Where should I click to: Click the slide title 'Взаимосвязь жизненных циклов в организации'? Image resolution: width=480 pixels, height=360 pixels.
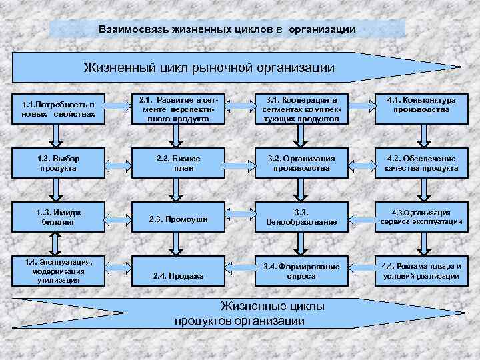point(227,30)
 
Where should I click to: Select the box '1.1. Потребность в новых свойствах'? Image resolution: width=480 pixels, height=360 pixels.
point(58,109)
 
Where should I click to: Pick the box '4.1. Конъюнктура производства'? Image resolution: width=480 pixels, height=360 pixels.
point(421,105)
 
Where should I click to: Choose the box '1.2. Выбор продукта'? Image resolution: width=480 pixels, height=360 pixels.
point(58,163)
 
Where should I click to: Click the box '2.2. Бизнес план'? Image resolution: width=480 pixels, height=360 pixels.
point(175,163)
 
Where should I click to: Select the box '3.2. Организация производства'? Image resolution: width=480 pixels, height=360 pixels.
point(301,163)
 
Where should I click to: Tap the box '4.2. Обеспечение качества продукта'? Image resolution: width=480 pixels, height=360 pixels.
point(421,163)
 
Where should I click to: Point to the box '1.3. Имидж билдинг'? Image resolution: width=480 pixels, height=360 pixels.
point(58,217)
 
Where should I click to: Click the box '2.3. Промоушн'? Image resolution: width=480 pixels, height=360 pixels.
point(175,219)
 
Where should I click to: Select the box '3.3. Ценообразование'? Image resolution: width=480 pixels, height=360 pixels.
point(301,217)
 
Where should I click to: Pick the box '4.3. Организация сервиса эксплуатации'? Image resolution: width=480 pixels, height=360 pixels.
point(421,217)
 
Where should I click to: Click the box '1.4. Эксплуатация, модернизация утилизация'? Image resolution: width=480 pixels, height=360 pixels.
point(58,271)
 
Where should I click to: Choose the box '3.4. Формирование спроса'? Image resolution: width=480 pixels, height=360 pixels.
point(301,271)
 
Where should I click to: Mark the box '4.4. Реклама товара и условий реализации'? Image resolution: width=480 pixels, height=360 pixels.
point(421,271)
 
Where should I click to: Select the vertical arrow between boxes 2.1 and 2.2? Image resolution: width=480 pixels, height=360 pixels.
point(175,136)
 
